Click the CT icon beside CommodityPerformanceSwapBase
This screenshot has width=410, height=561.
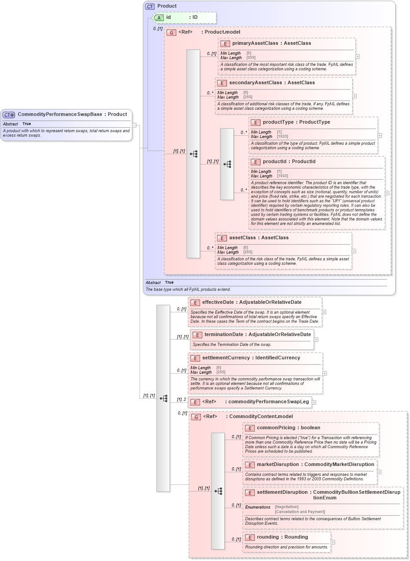tap(9, 114)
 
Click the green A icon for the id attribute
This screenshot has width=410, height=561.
tap(159, 17)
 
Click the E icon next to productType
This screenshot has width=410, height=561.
tap(255, 122)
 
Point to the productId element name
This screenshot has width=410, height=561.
tap(275, 162)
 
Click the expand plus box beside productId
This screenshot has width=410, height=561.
tap(387, 193)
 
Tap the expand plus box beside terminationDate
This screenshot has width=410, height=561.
tap(316, 340)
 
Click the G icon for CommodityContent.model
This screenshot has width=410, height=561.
tap(196, 417)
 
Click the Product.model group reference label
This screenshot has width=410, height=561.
tap(222, 32)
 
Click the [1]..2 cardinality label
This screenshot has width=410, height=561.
tap(181, 400)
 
